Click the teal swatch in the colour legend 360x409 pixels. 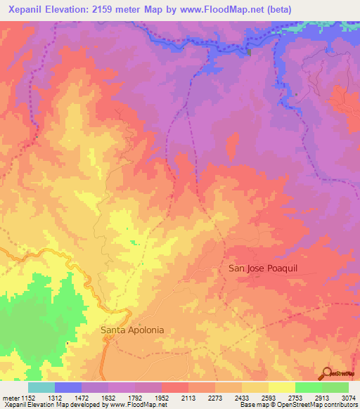tap(41, 387)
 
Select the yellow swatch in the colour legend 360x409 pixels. tap(282, 387)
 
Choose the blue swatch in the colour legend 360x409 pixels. tap(68, 387)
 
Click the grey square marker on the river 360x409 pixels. tap(249, 51)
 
